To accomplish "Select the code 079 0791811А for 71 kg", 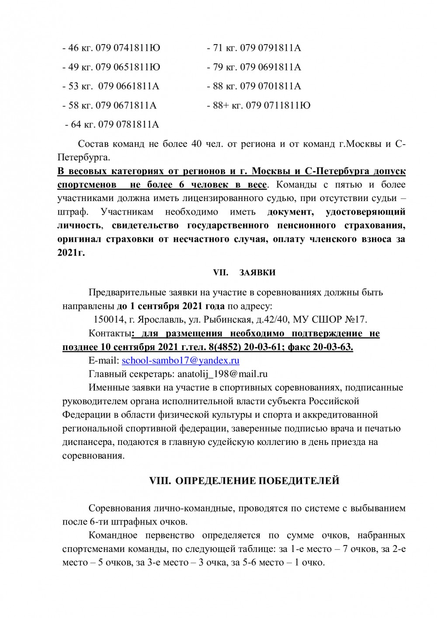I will [271, 48].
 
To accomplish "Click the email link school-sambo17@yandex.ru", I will [180, 361].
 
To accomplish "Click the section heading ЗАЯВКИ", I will [257, 272].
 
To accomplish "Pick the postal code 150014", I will [107, 319].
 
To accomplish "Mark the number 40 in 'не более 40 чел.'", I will [196, 144].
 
